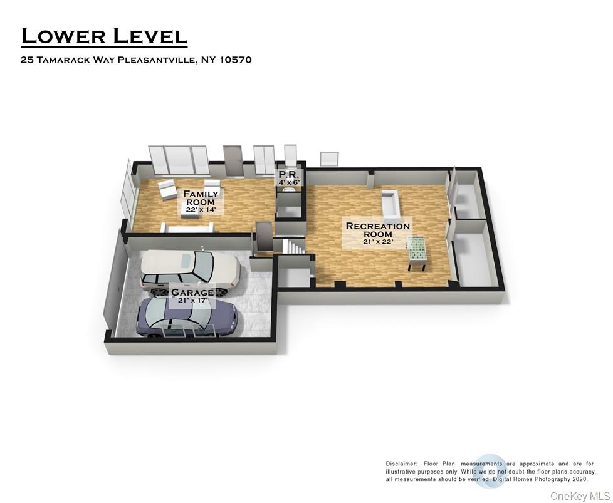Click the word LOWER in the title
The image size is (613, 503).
pyautogui.click(x=63, y=36)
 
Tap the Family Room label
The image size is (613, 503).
pyautogui.click(x=201, y=198)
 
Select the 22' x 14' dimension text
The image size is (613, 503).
pyautogui.click(x=201, y=210)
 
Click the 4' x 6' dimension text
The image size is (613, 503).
pyautogui.click(x=289, y=183)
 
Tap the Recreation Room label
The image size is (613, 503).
pyautogui.click(x=377, y=230)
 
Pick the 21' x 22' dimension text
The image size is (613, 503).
pyautogui.click(x=377, y=241)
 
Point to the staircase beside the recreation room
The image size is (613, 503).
pyautogui.click(x=292, y=246)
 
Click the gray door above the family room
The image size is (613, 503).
pyautogui.click(x=233, y=160)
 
